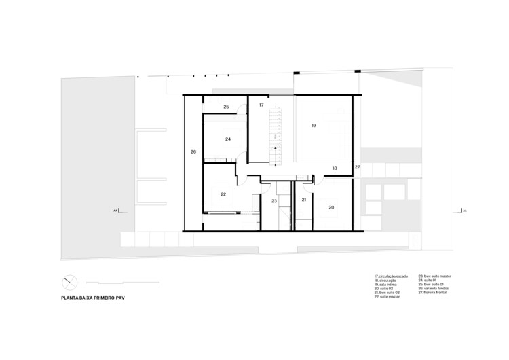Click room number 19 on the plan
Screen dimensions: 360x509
point(314,126)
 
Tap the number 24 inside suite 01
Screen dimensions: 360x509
point(228,139)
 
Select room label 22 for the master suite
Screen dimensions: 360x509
point(223,194)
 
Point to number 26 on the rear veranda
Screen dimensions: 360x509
point(193,151)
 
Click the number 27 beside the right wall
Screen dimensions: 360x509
point(358,166)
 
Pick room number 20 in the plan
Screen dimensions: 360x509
point(331,207)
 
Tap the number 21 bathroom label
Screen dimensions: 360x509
point(304,200)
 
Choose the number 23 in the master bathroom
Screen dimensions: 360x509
point(274,201)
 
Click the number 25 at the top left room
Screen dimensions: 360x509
point(226,107)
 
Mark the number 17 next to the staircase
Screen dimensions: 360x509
point(261,105)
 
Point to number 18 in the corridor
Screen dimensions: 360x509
point(335,168)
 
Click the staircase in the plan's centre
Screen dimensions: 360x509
point(275,136)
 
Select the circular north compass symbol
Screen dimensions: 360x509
point(69,281)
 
